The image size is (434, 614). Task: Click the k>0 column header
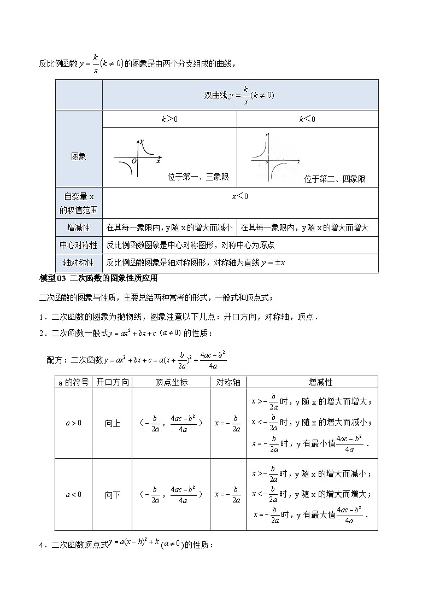pyautogui.click(x=169, y=119)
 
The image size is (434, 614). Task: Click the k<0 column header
pyautogui.click(x=307, y=119)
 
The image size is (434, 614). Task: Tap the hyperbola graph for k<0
pyautogui.click(x=274, y=157)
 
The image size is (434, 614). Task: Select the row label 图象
pyautogui.click(x=78, y=157)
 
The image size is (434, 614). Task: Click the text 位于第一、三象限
pyautogui.click(x=198, y=177)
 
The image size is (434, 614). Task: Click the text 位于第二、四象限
pyautogui.click(x=335, y=179)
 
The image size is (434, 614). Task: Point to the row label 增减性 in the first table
pyautogui.click(x=78, y=227)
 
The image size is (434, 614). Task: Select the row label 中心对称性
pyautogui.click(x=78, y=245)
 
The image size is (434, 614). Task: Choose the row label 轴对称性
pyautogui.click(x=78, y=262)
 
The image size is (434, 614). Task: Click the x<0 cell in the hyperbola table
pyautogui.click(x=240, y=196)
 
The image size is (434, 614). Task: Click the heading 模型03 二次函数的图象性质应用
pyautogui.click(x=99, y=278)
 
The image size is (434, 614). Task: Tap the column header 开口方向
pyautogui.click(x=112, y=382)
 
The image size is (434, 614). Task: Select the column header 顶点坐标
pyautogui.click(x=171, y=382)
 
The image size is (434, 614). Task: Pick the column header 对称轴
pyautogui.click(x=228, y=382)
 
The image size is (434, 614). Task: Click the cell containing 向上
pyautogui.click(x=112, y=423)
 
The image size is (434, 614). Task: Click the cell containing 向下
pyautogui.click(x=112, y=495)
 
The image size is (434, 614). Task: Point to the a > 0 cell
pyautogui.click(x=74, y=423)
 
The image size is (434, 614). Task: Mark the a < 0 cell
pyautogui.click(x=74, y=495)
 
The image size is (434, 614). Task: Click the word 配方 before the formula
pyautogui.click(x=56, y=360)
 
